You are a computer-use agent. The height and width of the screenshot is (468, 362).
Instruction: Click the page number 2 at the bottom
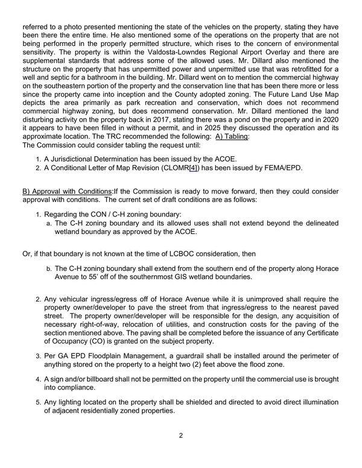pos(180,435)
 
